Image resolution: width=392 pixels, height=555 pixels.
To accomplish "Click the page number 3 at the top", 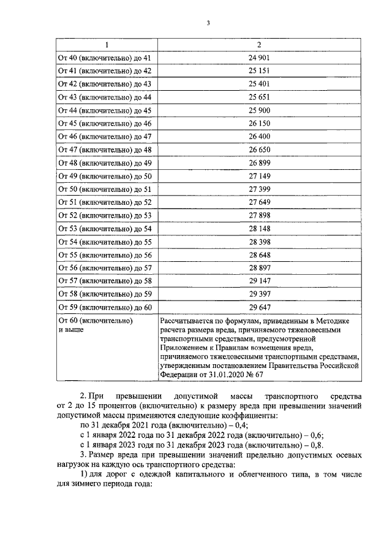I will pos(208,23).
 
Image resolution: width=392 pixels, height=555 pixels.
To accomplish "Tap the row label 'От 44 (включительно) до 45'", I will pos(104,110).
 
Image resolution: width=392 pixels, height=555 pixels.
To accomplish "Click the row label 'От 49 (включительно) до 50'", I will pos(104,175).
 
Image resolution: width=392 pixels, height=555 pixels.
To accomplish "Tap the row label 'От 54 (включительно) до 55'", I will pos(104,241).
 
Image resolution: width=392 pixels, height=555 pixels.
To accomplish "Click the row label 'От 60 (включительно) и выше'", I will pos(95,324).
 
